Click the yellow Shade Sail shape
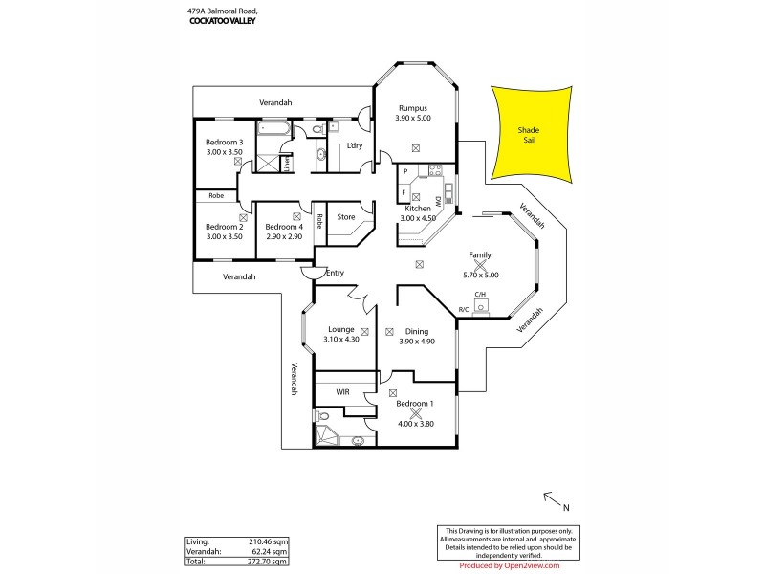pos(528,134)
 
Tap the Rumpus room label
pos(412,108)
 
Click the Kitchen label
pos(418,208)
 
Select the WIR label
pos(342,392)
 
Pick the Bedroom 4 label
pos(283,226)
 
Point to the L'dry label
pos(354,145)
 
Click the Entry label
pos(335,274)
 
